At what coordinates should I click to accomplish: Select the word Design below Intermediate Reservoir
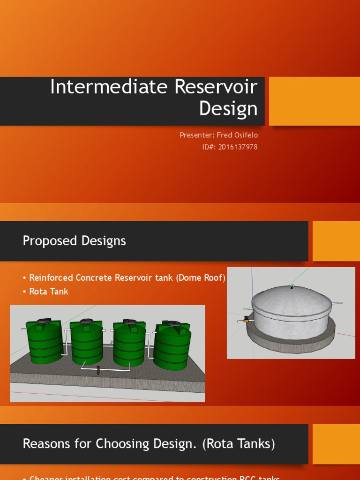tap(228, 108)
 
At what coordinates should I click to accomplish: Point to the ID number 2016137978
tap(238, 147)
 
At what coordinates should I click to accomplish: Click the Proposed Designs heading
tap(74, 241)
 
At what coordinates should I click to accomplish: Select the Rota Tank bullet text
tap(49, 291)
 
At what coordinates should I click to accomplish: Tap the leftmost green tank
tap(44, 342)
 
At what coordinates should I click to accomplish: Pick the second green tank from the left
tap(86, 342)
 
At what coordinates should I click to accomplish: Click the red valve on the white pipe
tap(98, 370)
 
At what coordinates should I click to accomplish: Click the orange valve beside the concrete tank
tap(246, 320)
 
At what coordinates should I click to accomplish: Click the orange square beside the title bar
tap(314, 101)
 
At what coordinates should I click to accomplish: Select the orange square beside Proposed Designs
tap(336, 241)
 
